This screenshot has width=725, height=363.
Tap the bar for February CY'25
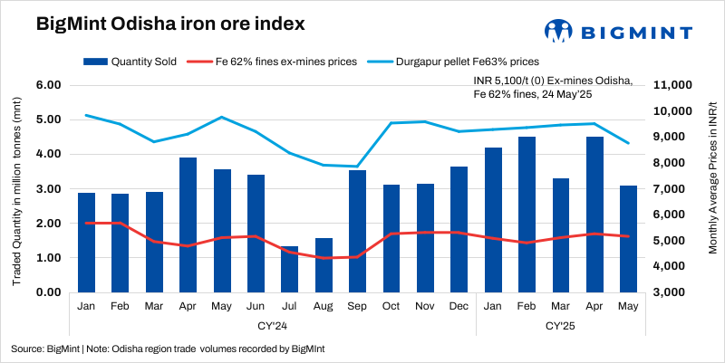pyautogui.click(x=526, y=215)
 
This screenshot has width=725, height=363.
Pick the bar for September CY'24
pyautogui.click(x=357, y=231)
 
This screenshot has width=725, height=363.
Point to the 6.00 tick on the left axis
pyautogui.click(x=47, y=85)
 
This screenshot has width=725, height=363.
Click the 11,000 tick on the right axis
pyautogui.click(x=672, y=85)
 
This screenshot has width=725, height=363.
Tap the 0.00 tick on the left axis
pyautogui.click(x=47, y=292)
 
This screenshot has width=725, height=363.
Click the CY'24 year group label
pyautogui.click(x=273, y=325)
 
